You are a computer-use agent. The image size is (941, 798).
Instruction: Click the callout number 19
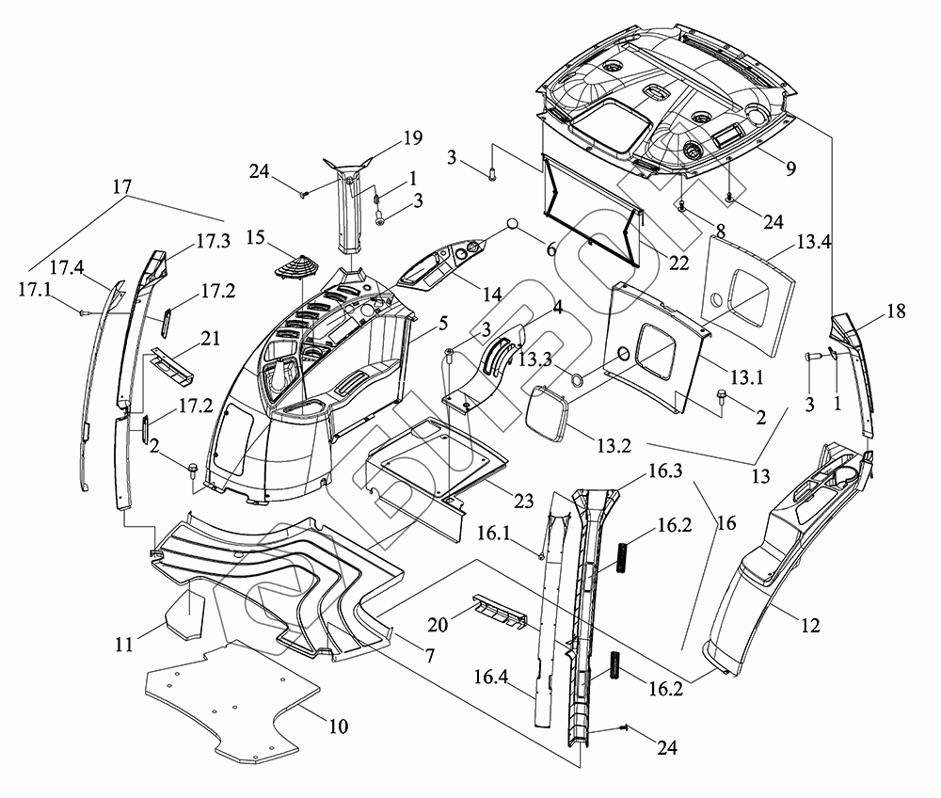(x=412, y=138)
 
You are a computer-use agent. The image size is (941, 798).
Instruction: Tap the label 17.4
(x=68, y=268)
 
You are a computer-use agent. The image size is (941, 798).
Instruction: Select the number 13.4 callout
(x=813, y=242)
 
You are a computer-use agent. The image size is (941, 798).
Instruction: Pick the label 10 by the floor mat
(x=336, y=726)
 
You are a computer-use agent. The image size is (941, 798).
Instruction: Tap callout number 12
(x=810, y=625)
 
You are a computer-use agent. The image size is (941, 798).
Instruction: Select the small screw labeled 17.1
(x=84, y=311)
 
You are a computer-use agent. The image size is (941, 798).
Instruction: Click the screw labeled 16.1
(x=543, y=556)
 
